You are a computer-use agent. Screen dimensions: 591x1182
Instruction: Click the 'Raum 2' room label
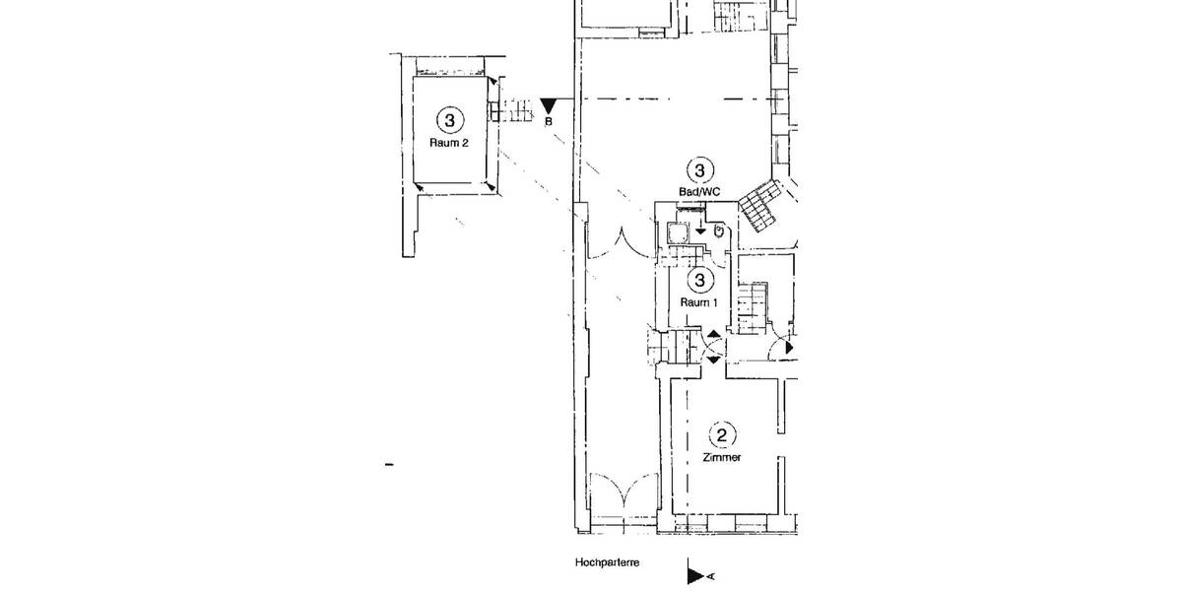[x=449, y=142]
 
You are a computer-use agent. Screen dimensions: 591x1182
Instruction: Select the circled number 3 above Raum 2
[x=449, y=120]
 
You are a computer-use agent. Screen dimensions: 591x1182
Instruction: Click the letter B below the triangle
[x=550, y=122]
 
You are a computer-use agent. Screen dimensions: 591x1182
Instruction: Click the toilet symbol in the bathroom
[x=720, y=230]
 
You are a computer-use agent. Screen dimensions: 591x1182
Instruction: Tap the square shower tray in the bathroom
[x=677, y=232]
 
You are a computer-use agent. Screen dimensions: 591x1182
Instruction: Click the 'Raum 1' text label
[x=698, y=302]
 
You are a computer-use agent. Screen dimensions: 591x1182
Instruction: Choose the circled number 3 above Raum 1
[x=699, y=281]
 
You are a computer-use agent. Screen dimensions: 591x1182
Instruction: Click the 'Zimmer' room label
[x=722, y=458]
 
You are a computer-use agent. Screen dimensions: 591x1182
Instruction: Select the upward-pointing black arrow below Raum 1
[x=713, y=337]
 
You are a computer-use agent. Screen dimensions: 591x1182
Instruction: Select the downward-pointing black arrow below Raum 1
[x=713, y=360]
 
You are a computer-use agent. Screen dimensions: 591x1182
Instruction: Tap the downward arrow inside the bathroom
[x=699, y=230]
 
